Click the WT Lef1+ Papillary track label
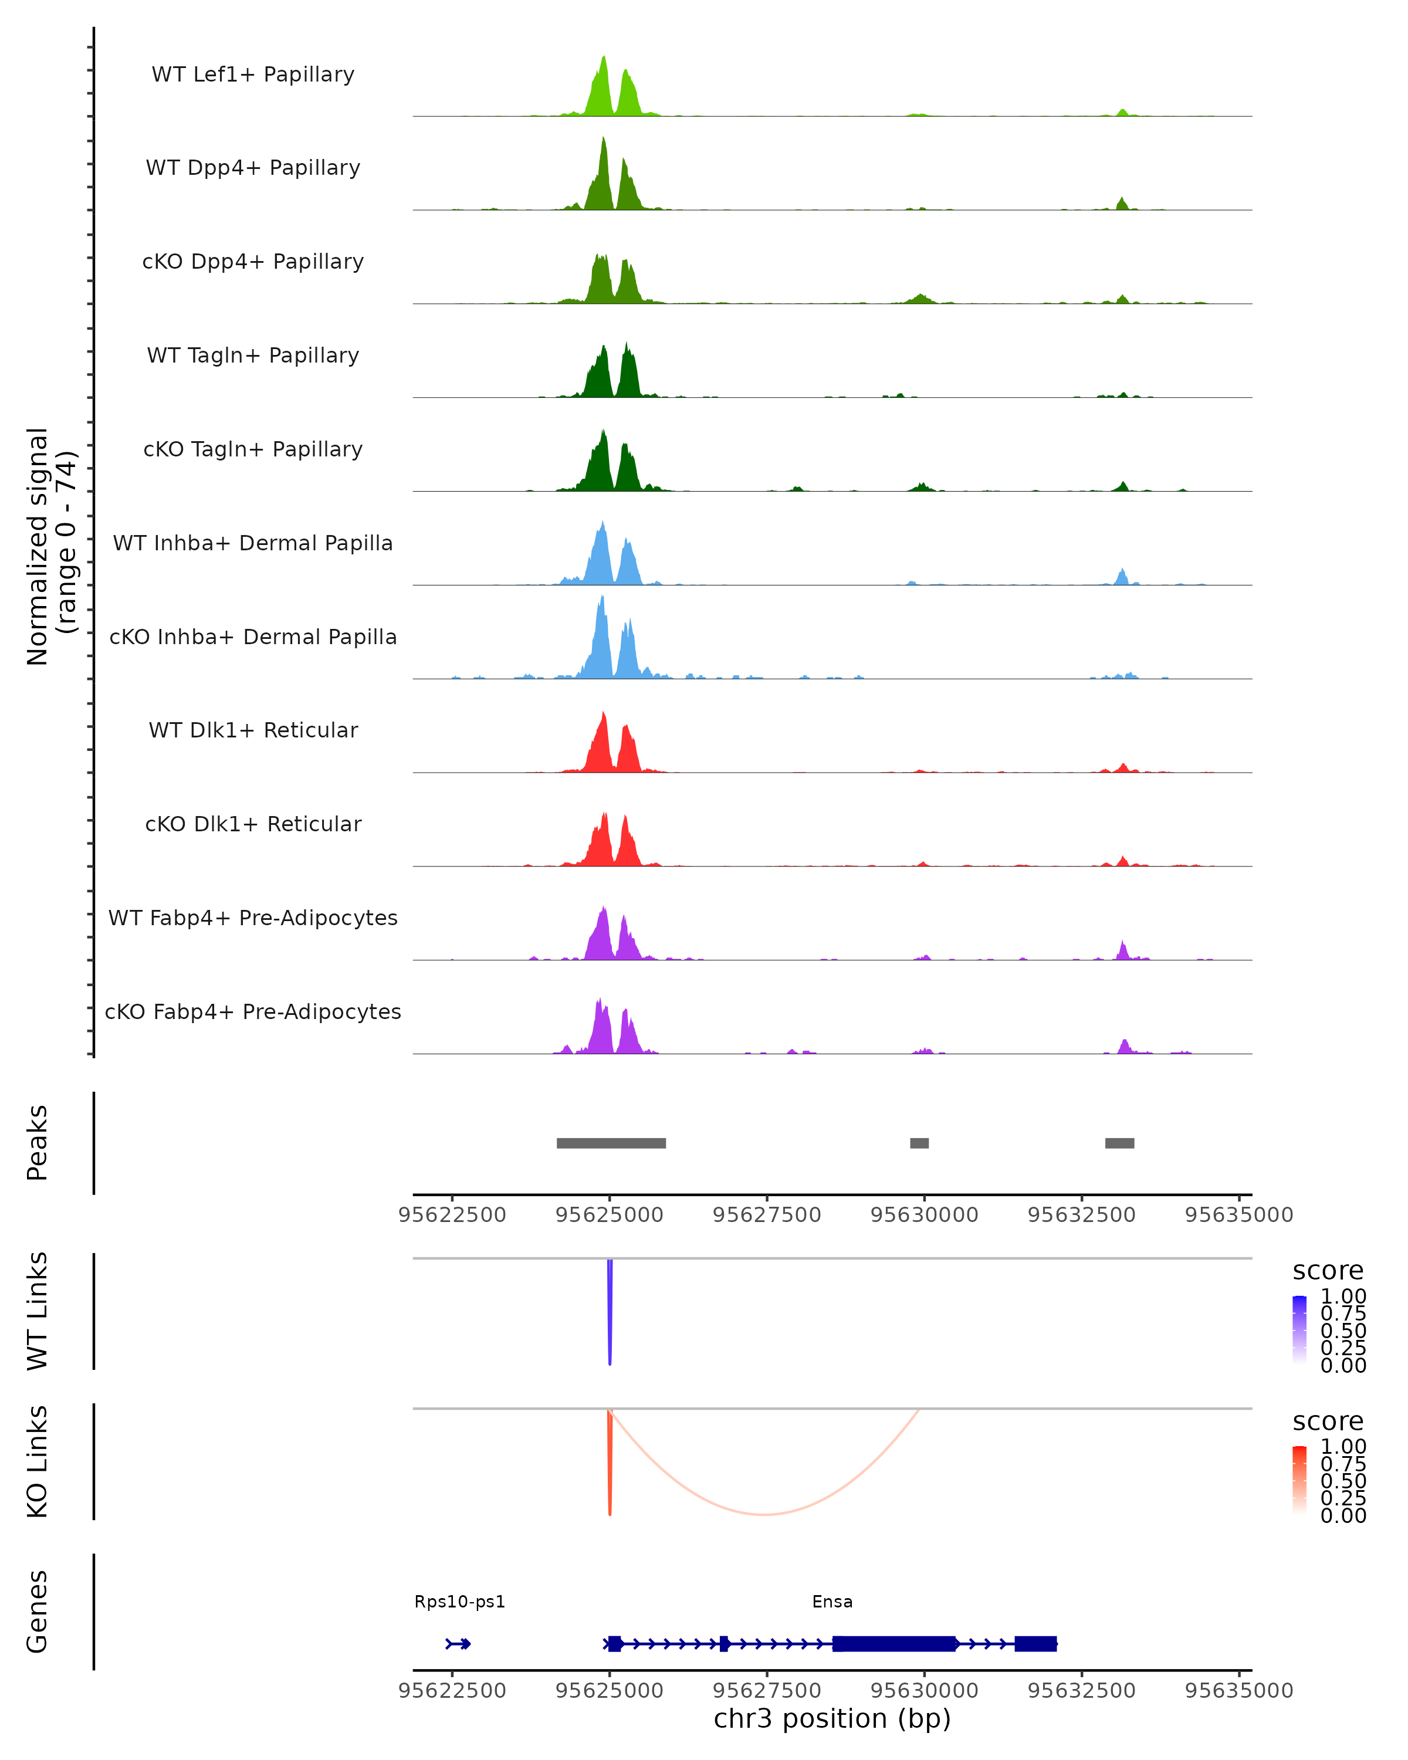pyautogui.click(x=253, y=75)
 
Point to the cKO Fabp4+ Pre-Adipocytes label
pyautogui.click(x=253, y=1011)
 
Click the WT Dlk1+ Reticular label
pyautogui.click(x=253, y=730)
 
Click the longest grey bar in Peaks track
pyautogui.click(x=611, y=1143)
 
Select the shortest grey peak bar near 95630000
pyautogui.click(x=919, y=1143)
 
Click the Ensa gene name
pyautogui.click(x=832, y=1602)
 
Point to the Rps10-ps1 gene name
pyautogui.click(x=459, y=1602)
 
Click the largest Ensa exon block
pyautogui.click(x=893, y=1643)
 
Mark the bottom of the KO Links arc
pyautogui.click(x=763, y=1514)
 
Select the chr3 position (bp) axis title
pyautogui.click(x=832, y=1718)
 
